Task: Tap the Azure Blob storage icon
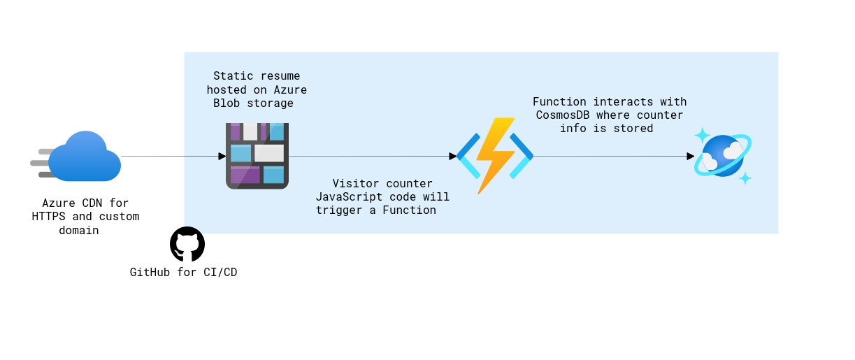[x=257, y=156]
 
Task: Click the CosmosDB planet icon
[x=723, y=156]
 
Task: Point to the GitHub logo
[x=187, y=244]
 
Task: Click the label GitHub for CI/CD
[x=183, y=272]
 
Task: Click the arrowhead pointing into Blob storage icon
[x=222, y=157]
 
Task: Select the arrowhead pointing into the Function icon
[x=452, y=157]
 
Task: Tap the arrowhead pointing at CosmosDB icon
[x=690, y=157]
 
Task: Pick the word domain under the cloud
[x=79, y=230]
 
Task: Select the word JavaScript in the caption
[x=349, y=196]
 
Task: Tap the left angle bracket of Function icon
[x=466, y=156]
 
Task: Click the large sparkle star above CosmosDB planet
[x=702, y=136]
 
